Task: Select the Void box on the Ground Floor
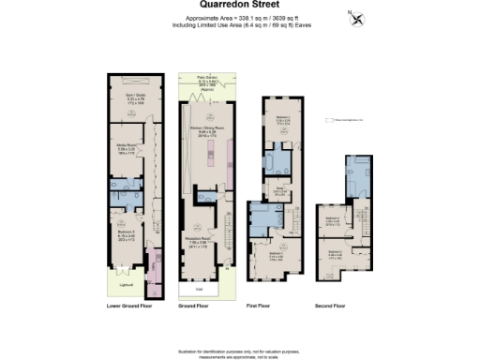point(197,289)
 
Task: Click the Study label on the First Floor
point(279,191)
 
